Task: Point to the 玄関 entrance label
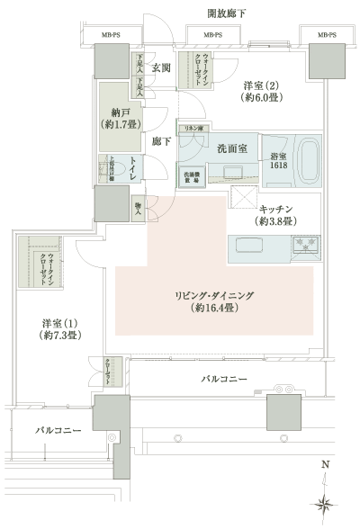coord(161,67)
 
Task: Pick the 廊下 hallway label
coord(161,141)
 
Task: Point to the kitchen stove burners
coord(304,243)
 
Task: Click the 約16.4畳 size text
coord(213,308)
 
